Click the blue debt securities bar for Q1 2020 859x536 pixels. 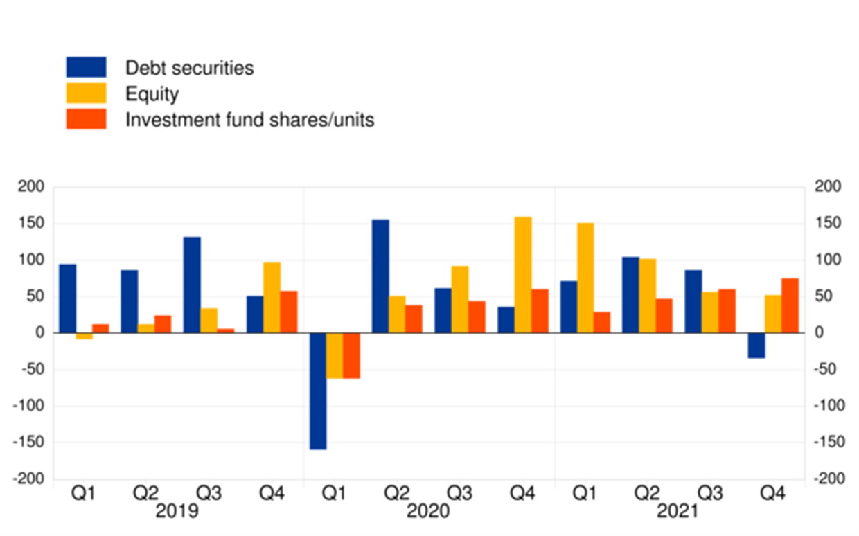point(318,391)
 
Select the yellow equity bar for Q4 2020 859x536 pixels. point(523,275)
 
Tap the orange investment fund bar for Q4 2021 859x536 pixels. point(790,305)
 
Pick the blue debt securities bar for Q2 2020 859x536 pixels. point(380,276)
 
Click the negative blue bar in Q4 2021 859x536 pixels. point(756,346)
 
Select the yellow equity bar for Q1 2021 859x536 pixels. point(585,278)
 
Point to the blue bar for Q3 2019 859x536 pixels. point(193,285)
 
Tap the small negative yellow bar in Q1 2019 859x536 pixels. point(85,336)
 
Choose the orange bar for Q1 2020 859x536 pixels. point(351,356)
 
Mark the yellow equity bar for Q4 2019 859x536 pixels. point(272,298)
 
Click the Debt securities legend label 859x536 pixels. point(189,68)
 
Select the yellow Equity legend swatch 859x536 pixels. point(86,93)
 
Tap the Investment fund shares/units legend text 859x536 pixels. point(249,120)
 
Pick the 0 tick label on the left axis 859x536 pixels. point(39,333)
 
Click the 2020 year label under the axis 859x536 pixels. point(428,513)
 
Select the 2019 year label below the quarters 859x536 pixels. point(178,513)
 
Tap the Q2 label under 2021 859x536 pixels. point(647,494)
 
